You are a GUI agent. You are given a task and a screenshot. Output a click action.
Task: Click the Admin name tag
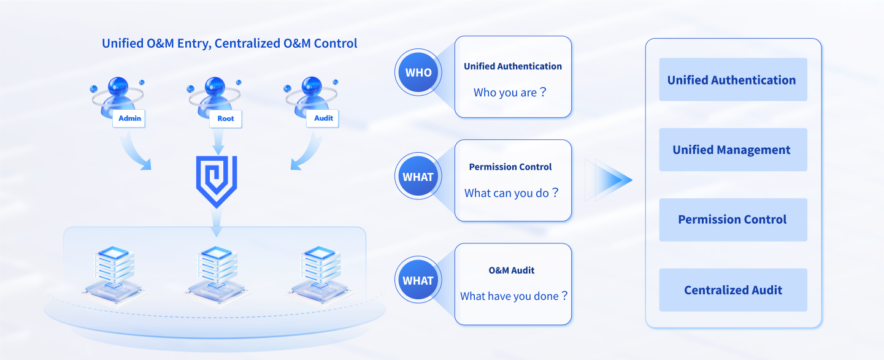129,118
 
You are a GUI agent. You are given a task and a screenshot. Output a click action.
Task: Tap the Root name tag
225,119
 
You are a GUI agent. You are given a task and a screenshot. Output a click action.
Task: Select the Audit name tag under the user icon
323,118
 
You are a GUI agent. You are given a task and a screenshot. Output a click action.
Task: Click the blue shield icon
217,182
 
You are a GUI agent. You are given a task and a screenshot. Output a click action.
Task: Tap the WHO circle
418,72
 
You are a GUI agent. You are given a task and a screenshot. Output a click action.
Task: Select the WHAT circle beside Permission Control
418,176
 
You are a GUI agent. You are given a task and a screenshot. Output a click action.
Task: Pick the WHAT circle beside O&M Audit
418,280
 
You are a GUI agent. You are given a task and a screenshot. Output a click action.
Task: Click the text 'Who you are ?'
510,93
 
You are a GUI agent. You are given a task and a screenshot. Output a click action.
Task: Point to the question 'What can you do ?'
512,193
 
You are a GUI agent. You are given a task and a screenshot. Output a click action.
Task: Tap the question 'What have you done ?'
514,296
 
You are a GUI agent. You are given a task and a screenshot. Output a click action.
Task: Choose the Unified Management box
733,150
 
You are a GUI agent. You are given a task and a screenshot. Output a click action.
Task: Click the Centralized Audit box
733,290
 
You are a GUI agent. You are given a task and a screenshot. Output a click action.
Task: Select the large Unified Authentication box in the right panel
733,80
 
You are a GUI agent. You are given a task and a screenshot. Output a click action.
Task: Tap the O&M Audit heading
512,270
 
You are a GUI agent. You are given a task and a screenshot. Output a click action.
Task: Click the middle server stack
217,274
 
